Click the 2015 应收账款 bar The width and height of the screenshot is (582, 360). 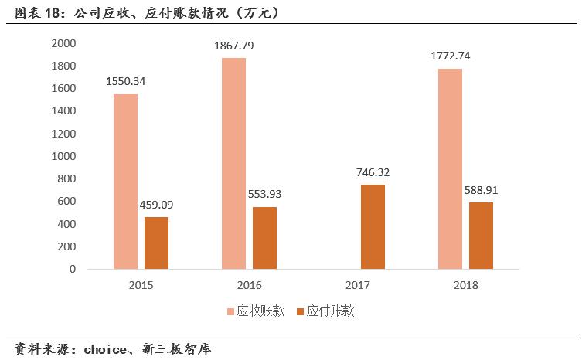(125, 182)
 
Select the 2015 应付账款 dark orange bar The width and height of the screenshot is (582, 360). (156, 243)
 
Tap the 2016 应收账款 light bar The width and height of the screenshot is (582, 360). (233, 163)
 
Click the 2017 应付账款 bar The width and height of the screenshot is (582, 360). (373, 226)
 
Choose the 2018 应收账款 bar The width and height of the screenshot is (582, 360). (450, 168)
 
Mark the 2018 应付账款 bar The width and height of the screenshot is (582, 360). (481, 236)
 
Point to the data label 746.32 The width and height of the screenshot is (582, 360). (373, 173)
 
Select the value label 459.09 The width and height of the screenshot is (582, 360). (157, 205)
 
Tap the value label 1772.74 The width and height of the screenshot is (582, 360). (451, 56)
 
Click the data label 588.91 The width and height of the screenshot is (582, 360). (482, 190)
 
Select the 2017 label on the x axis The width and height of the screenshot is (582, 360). (358, 285)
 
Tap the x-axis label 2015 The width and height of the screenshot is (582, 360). (141, 285)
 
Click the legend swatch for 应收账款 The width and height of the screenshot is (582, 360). (230, 312)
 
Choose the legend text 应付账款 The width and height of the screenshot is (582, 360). (330, 311)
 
